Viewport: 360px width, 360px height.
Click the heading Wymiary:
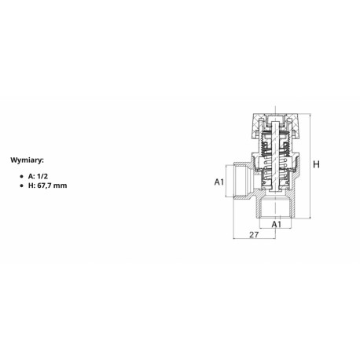[x=28, y=158]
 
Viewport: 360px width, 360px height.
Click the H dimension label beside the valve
[x=316, y=165]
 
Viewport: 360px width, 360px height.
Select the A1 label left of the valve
[x=221, y=182]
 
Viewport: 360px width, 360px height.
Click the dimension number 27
[x=253, y=234]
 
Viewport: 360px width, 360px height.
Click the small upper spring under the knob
[x=276, y=147]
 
